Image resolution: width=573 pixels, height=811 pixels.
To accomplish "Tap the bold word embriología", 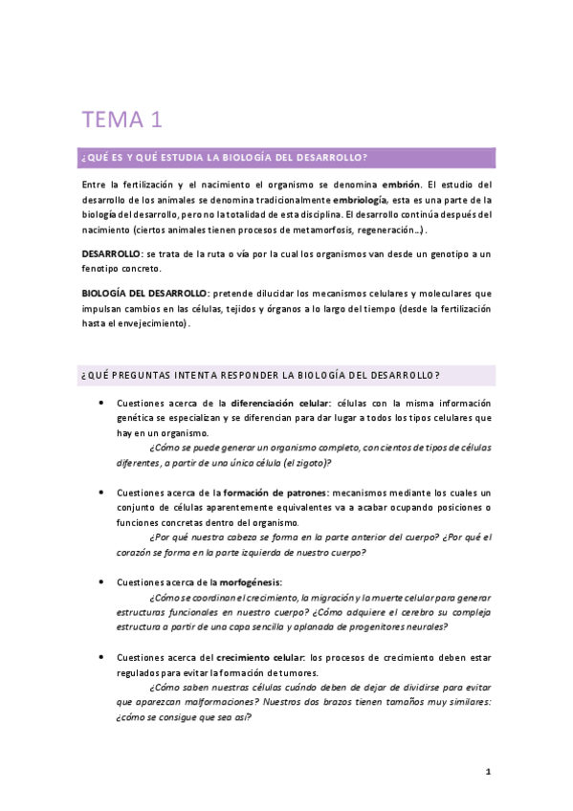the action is pos(359,199).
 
